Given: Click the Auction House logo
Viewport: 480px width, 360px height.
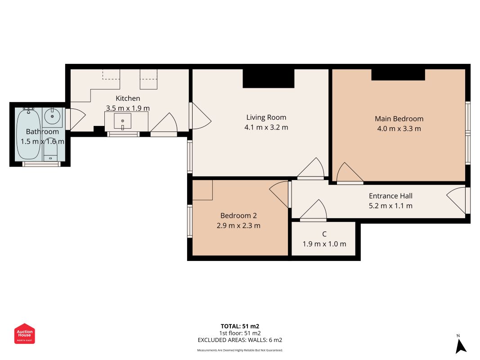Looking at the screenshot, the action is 24,333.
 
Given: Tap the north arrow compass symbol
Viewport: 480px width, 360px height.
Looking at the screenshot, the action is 460,345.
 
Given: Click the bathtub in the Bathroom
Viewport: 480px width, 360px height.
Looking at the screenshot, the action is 28,134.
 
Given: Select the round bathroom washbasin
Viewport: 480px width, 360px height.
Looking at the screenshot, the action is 52,116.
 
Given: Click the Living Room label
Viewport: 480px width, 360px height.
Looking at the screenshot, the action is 266,117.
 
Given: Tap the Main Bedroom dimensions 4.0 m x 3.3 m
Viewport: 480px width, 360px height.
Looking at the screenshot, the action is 399,129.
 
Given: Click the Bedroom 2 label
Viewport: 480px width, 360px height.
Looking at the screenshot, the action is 238,216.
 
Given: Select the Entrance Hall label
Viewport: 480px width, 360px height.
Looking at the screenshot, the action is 390,196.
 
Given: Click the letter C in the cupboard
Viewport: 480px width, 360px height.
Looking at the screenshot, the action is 324,234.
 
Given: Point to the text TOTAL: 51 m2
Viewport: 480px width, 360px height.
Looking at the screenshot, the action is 240,326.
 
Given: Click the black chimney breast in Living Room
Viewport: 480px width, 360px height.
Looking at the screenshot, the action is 269,78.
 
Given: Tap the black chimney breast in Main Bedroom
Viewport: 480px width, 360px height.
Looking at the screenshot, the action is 398,75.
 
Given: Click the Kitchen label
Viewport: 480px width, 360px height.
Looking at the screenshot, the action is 128,98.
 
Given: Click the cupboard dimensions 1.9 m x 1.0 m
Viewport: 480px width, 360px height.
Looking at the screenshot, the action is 324,244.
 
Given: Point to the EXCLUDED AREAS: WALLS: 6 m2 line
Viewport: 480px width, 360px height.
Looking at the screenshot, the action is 240,340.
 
